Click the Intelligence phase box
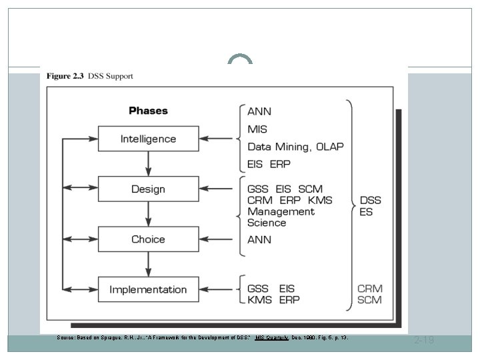point(148,139)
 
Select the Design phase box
point(148,189)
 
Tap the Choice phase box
point(148,239)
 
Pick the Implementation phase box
point(148,289)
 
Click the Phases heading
point(148,111)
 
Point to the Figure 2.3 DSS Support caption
point(89,76)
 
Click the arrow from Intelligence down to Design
point(148,163)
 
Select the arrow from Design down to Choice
point(148,214)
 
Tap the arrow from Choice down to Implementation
point(148,264)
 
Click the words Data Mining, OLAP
point(295,146)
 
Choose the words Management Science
point(280,217)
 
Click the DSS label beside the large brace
point(371,199)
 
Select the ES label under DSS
point(366,212)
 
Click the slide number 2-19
point(424,341)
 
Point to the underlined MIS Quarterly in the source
point(272,338)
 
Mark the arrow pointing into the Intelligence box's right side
point(215,139)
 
